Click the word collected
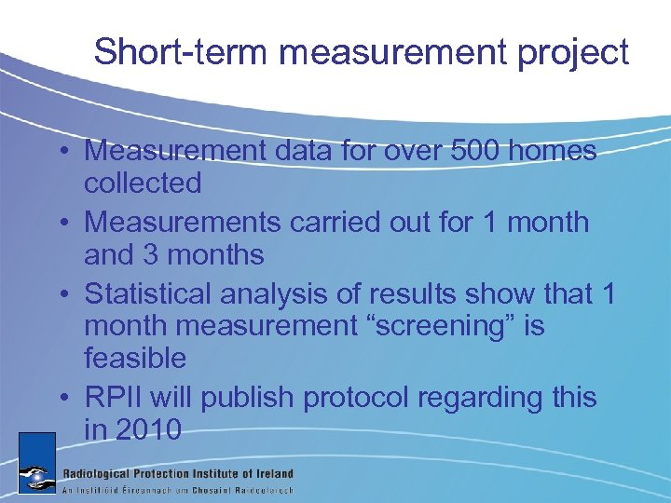(143, 183)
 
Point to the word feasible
(135, 358)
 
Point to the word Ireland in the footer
(271, 473)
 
